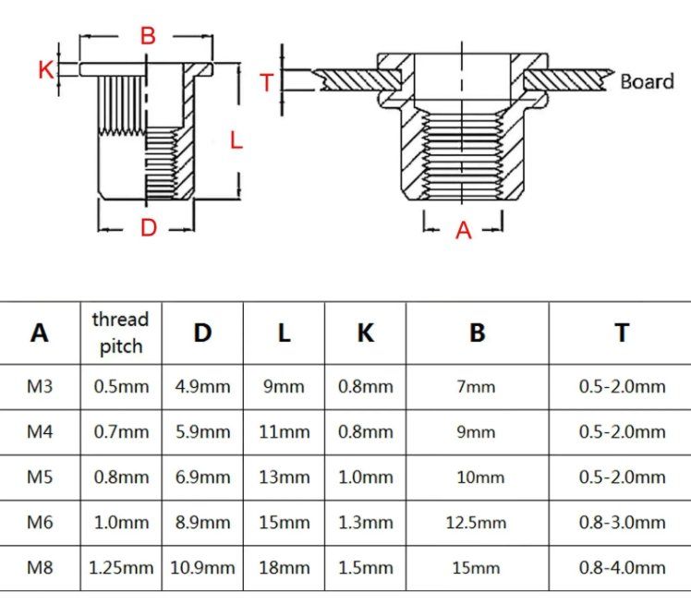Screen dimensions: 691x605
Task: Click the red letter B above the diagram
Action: click(148, 36)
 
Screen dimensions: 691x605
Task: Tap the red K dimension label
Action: click(46, 69)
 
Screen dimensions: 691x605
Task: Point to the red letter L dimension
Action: click(236, 140)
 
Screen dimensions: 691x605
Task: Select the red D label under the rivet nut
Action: click(149, 228)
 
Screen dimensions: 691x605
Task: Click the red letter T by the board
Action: click(267, 83)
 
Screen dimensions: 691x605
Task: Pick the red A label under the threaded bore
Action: click(463, 231)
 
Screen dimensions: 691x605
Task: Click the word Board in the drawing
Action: click(647, 81)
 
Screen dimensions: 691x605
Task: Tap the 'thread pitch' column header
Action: click(120, 333)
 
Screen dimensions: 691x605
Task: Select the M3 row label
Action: click(40, 386)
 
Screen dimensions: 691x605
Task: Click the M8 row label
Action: click(40, 567)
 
